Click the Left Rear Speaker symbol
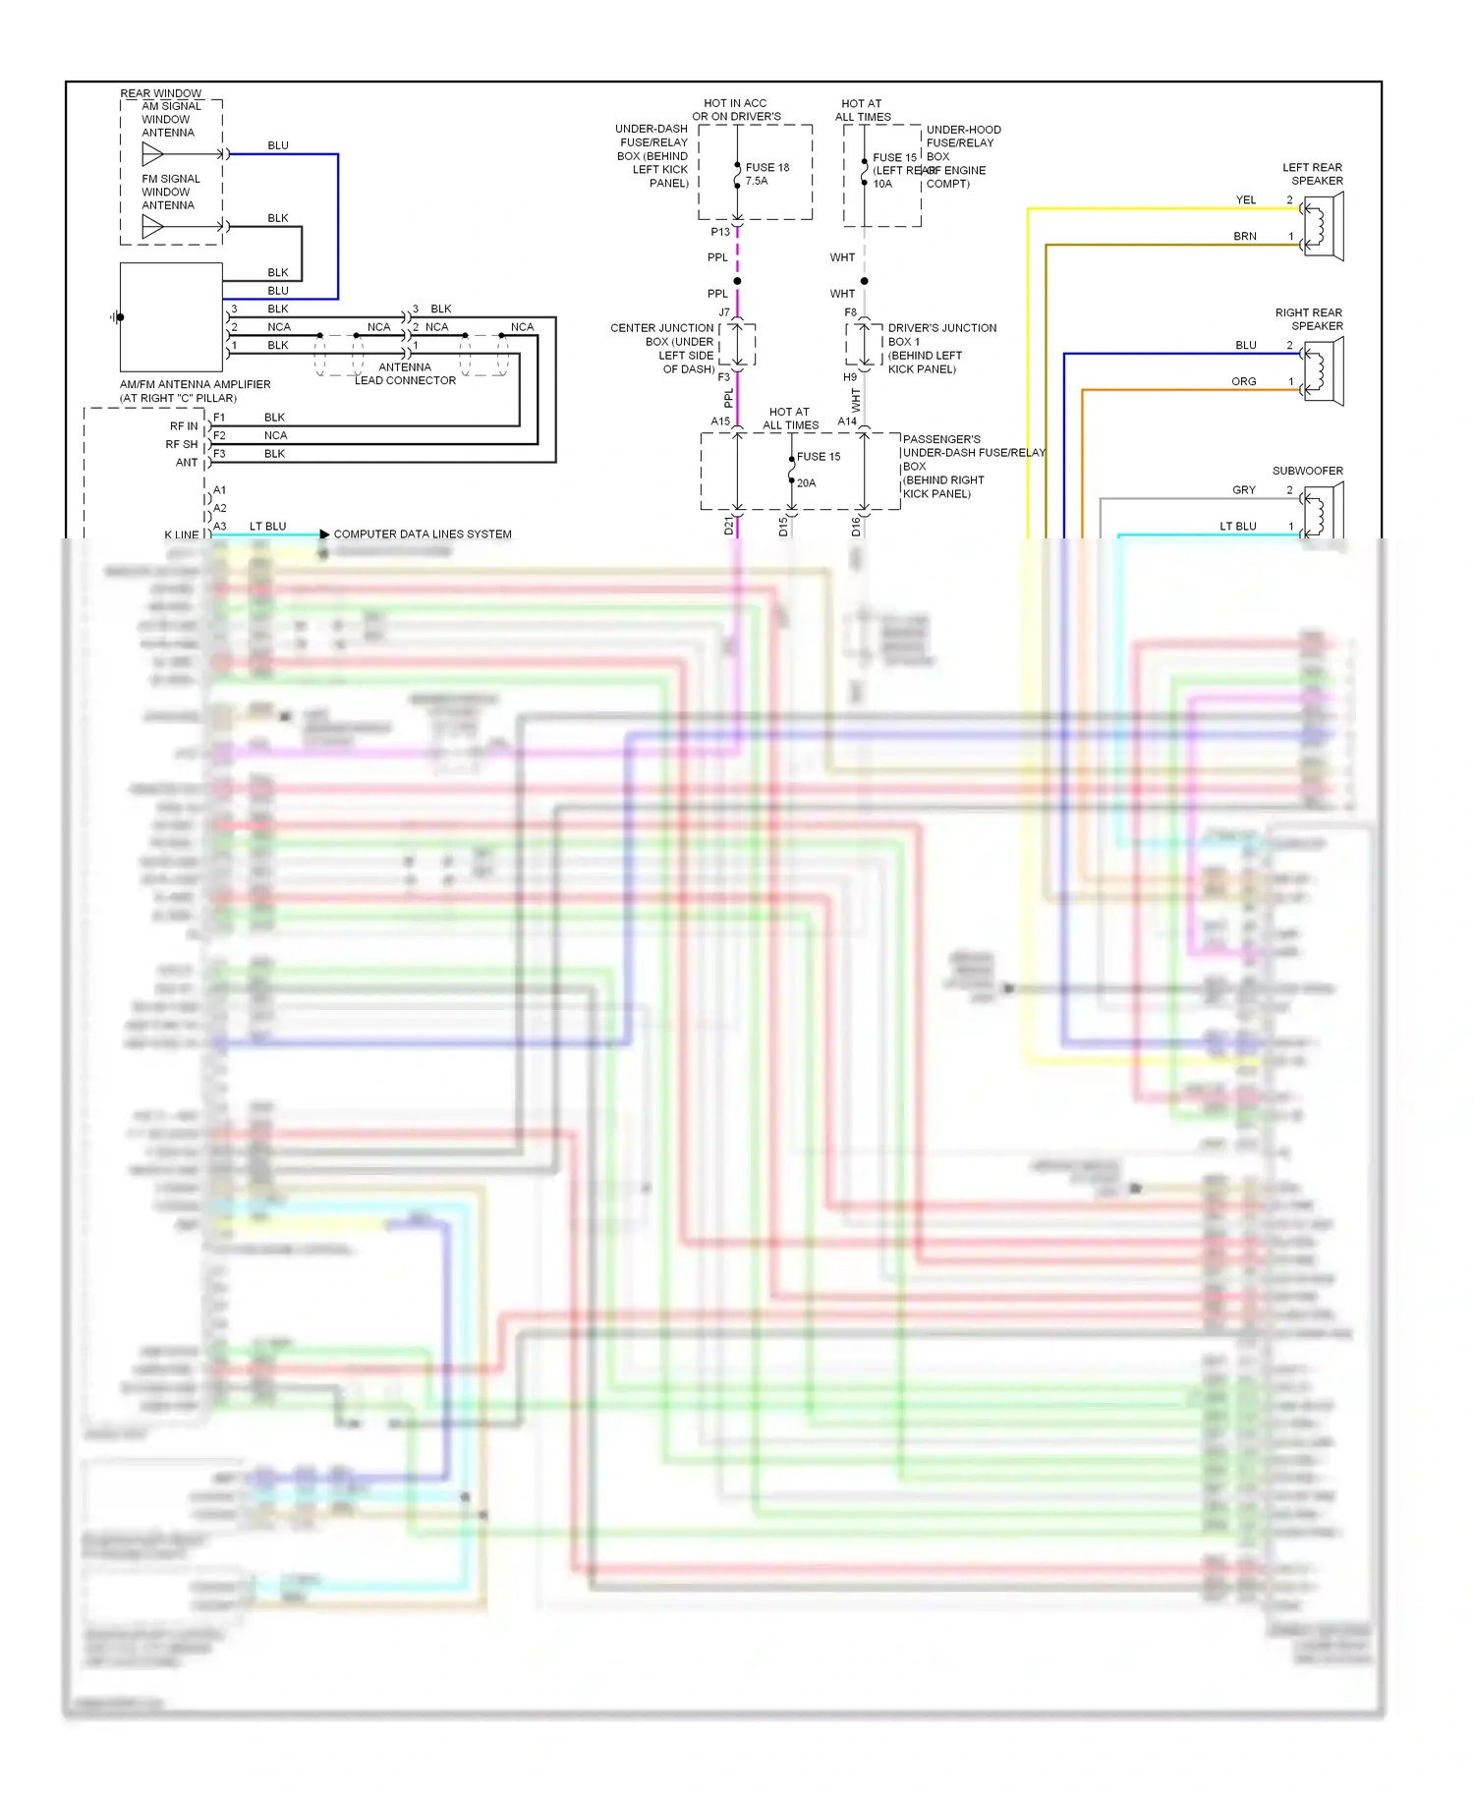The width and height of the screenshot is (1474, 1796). click(1324, 226)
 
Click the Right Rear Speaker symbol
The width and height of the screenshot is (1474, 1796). click(1324, 371)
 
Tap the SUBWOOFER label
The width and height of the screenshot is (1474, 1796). click(1307, 471)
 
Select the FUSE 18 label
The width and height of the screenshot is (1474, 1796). click(766, 167)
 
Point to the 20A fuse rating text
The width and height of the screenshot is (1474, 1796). click(806, 482)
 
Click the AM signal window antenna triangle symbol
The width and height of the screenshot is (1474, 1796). click(152, 154)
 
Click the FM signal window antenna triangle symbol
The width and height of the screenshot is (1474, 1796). click(152, 227)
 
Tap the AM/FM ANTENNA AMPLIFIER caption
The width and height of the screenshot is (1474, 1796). click(195, 384)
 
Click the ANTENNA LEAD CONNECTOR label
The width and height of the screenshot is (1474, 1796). click(405, 373)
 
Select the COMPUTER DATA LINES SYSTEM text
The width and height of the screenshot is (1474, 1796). click(423, 534)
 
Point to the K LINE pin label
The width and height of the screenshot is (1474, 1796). click(181, 534)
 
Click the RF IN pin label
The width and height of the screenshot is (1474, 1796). click(183, 426)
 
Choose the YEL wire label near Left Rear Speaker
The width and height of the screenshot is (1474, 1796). click(1245, 199)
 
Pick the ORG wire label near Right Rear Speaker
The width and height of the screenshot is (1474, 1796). click(1243, 381)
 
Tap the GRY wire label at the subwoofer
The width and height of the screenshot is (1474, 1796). click(1243, 489)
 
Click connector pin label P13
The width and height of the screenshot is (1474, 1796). click(720, 232)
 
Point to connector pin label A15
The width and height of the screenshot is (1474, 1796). click(720, 421)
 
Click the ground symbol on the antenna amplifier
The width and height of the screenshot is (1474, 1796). click(116, 317)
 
